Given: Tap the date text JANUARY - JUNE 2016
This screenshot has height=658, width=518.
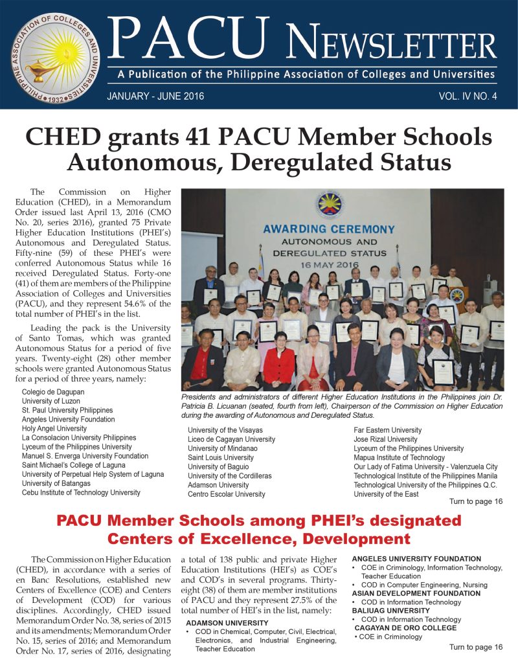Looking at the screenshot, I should (x=155, y=96).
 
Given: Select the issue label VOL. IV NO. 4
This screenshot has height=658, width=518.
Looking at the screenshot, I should (x=467, y=96).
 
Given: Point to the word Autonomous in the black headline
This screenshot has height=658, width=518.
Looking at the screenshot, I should (x=146, y=161).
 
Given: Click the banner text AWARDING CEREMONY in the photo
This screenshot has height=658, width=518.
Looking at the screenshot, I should (x=328, y=229).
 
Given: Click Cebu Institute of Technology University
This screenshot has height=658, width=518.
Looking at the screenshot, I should (x=81, y=492).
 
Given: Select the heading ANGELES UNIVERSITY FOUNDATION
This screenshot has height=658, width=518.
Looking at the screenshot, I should (x=416, y=559).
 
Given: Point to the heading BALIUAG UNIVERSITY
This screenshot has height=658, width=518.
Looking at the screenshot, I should (x=390, y=611).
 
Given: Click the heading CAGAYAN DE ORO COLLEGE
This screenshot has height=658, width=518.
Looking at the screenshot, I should (x=405, y=628).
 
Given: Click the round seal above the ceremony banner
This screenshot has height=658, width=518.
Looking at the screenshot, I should (x=329, y=203).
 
